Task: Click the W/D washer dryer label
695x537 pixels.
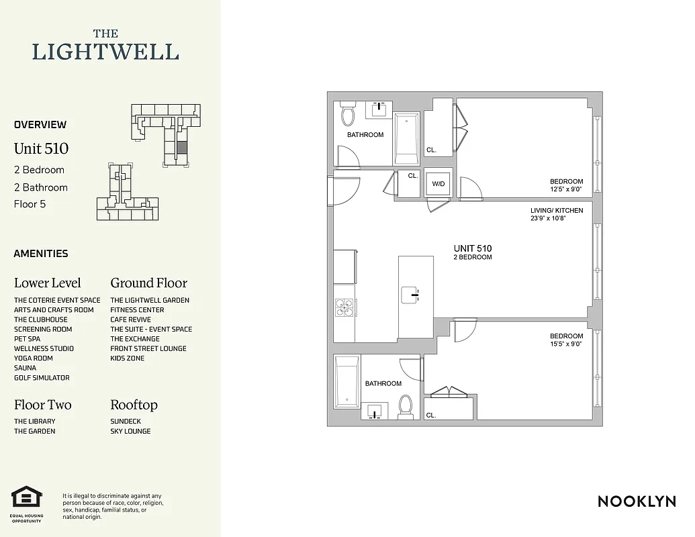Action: [x=438, y=183]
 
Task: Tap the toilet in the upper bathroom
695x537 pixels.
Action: [x=347, y=115]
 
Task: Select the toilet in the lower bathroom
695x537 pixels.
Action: [x=405, y=405]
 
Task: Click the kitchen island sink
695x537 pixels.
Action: [x=410, y=294]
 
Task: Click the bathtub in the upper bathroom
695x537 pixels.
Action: [x=407, y=138]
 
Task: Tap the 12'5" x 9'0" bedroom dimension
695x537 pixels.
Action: [x=566, y=189]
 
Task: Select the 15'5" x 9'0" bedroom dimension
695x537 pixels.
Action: [x=565, y=344]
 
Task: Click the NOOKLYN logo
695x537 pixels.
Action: [x=636, y=501]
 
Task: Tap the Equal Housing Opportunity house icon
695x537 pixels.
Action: [x=27, y=498]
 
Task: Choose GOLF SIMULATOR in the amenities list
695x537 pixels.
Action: [x=42, y=378]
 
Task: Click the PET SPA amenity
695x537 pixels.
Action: [x=27, y=339]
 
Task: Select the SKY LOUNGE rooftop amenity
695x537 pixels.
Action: [x=130, y=431]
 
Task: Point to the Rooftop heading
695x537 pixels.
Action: [x=134, y=405]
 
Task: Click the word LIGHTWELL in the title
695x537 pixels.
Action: [x=106, y=52]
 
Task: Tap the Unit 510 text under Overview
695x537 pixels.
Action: [x=41, y=148]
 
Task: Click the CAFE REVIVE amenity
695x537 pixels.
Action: [x=130, y=320]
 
